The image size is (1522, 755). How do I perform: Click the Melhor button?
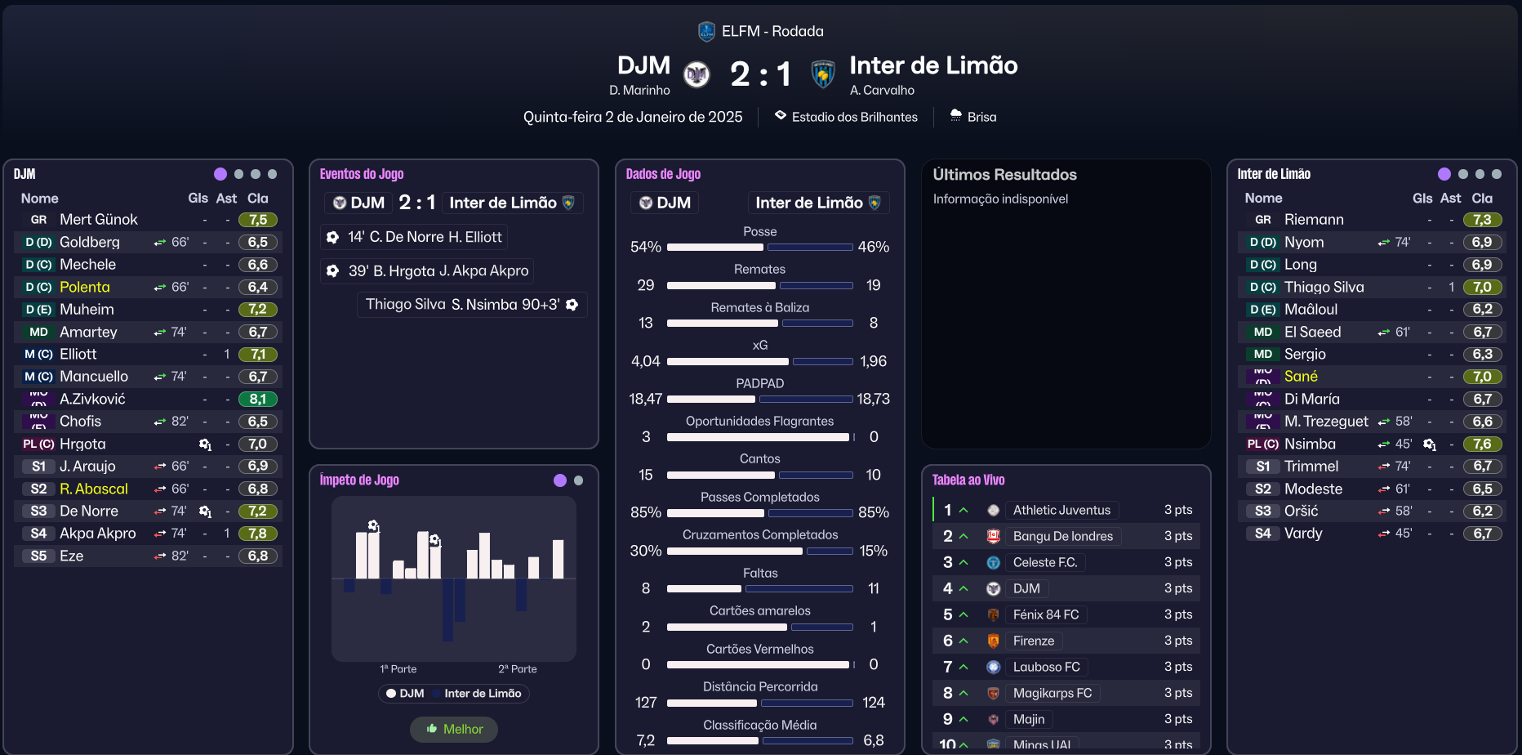point(454,729)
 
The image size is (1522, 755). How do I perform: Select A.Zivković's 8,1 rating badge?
point(258,400)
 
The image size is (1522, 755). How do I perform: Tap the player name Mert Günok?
point(99,220)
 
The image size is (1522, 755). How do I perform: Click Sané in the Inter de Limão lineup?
point(1301,377)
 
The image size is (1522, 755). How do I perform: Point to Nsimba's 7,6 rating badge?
point(1482,445)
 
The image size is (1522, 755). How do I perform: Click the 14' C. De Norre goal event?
point(415,237)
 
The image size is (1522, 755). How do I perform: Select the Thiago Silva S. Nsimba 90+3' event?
point(471,305)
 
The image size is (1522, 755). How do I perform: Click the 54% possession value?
point(645,247)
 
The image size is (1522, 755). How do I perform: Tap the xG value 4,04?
point(645,361)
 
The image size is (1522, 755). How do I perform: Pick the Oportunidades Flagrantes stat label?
point(759,422)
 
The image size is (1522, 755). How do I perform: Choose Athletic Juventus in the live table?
point(1061,511)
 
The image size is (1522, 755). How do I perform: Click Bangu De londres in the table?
point(1062,537)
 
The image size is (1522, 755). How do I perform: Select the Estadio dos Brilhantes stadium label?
point(854,117)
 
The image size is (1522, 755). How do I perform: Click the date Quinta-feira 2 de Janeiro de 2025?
point(633,117)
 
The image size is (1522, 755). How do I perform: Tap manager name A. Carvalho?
point(882,90)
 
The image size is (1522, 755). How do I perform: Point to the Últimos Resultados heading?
point(1004,175)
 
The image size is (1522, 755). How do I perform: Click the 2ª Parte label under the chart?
point(518,669)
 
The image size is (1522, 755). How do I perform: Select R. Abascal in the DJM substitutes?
point(94,489)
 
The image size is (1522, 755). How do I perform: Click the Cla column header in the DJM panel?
point(258,199)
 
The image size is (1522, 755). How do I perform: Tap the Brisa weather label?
point(981,117)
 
